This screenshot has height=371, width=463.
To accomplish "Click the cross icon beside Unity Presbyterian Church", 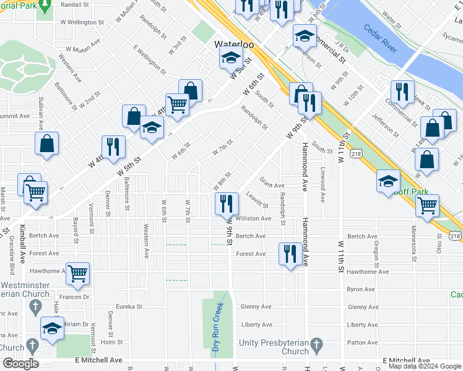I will [x=316, y=344].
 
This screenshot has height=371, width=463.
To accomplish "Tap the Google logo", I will [x=20, y=363].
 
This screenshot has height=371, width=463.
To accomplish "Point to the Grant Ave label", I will [x=272, y=185].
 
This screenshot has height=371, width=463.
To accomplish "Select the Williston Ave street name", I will [x=253, y=218].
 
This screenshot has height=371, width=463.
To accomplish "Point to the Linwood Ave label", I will [x=323, y=184].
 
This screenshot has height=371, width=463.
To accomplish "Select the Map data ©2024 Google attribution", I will [x=425, y=366].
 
